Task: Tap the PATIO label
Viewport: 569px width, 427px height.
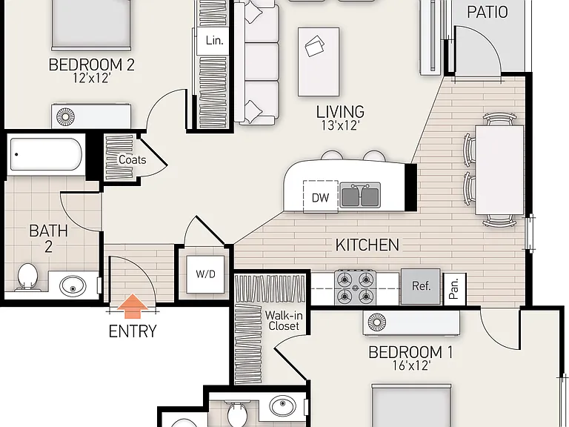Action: coord(487,12)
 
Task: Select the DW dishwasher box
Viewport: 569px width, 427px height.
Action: coord(320,196)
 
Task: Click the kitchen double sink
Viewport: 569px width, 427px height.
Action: coord(360,195)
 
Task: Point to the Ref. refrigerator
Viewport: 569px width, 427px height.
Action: coord(421,286)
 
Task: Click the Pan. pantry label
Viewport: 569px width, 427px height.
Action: coord(454,288)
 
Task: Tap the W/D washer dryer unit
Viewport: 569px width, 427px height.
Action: coord(205,274)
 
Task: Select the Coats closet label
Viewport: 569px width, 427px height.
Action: coord(133,160)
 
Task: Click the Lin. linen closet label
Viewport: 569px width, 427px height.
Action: coord(214,40)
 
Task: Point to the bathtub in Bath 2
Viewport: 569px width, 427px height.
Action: coord(46,154)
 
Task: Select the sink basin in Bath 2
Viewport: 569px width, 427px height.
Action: coord(73,285)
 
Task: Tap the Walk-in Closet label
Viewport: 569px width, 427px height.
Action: coord(284,320)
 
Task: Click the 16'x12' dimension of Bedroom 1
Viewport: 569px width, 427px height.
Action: coord(411,365)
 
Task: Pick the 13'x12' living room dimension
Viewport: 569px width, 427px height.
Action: coord(340,125)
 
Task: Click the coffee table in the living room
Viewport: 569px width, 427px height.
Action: coord(319,62)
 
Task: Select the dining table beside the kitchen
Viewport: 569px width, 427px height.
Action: coord(499,170)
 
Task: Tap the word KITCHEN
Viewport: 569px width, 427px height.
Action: coord(367,245)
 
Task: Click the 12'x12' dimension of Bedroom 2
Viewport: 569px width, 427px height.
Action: coord(91,78)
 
